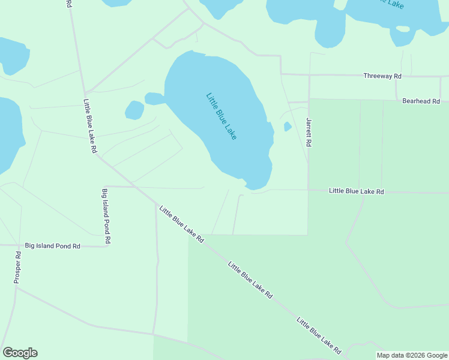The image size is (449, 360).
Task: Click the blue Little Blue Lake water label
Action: [221, 116]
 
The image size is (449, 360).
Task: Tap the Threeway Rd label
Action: [382, 76]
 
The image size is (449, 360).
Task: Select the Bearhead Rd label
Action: [421, 101]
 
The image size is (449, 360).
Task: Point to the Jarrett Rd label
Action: [310, 133]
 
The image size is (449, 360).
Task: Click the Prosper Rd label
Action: [17, 267]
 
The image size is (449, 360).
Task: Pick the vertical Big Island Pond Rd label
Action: [106, 216]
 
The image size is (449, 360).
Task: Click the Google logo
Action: [20, 353]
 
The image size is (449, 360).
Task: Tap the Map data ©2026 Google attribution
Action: [412, 355]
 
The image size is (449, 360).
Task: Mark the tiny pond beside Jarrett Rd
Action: [288, 127]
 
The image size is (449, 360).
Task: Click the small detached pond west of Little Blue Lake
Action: [134, 110]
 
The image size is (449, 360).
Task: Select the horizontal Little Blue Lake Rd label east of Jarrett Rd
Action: [356, 191]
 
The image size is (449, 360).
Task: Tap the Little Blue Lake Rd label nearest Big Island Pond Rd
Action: [181, 223]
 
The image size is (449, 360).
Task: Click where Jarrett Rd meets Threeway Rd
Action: [309, 75]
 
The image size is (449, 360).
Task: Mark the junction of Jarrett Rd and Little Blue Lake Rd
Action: [309, 190]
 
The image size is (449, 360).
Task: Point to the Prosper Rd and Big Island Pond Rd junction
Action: [20, 245]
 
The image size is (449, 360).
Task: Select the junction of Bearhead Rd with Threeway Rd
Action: [396, 76]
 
